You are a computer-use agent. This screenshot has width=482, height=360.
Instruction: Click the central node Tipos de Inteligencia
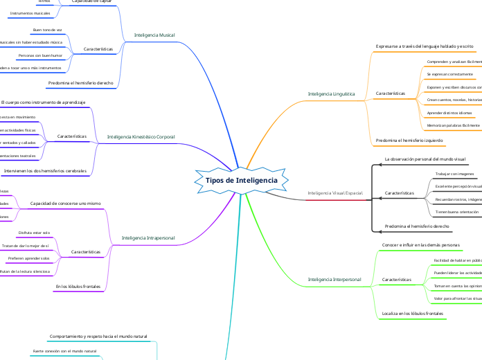tap(242, 180)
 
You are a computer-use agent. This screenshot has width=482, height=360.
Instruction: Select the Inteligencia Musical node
tap(154, 34)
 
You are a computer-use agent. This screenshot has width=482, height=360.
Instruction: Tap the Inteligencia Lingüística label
tap(331, 93)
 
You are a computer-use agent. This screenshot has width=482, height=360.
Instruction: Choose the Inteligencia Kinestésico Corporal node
tap(141, 137)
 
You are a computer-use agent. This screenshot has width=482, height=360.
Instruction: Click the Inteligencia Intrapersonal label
tap(148, 237)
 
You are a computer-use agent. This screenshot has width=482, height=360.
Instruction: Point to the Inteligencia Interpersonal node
tap(334, 280)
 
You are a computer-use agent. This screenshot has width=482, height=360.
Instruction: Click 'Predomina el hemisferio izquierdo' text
tap(409, 140)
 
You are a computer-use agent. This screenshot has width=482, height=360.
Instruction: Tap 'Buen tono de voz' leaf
tap(47, 31)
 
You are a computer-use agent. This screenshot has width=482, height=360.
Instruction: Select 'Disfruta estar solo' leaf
tap(34, 233)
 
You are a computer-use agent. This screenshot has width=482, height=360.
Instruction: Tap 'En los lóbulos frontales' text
tap(78, 286)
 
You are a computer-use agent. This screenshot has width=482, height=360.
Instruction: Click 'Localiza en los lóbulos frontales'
tap(413, 314)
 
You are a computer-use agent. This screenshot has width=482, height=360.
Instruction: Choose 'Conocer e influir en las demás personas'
tap(421, 245)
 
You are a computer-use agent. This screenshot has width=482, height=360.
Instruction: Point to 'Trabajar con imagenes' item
tap(454, 174)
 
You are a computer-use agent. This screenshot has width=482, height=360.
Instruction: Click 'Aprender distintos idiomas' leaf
tap(449, 113)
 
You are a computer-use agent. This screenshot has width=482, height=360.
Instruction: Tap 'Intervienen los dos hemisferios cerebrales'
tap(50, 170)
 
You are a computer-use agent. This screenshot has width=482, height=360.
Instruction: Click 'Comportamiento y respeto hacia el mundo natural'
tap(99, 336)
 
